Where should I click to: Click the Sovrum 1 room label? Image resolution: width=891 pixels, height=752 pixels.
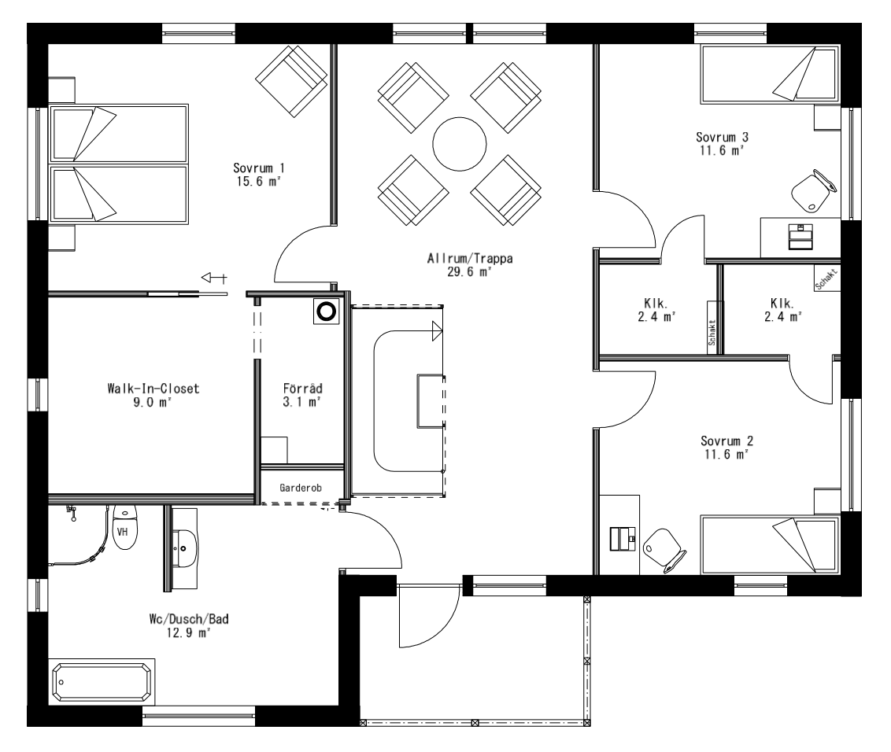pos(258,168)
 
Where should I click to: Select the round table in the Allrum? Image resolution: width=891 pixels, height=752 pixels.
pos(460,143)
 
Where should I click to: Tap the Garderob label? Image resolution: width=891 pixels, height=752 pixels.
pos(301,487)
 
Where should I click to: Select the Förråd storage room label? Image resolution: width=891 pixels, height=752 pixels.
pos(302,388)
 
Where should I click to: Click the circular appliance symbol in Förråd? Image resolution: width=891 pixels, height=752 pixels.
pos(326,312)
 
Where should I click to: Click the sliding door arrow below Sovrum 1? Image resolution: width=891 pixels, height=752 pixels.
pos(213,277)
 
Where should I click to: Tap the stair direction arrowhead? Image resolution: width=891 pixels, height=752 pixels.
pos(437,332)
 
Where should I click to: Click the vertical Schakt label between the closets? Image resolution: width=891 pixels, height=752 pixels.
pos(712,332)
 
